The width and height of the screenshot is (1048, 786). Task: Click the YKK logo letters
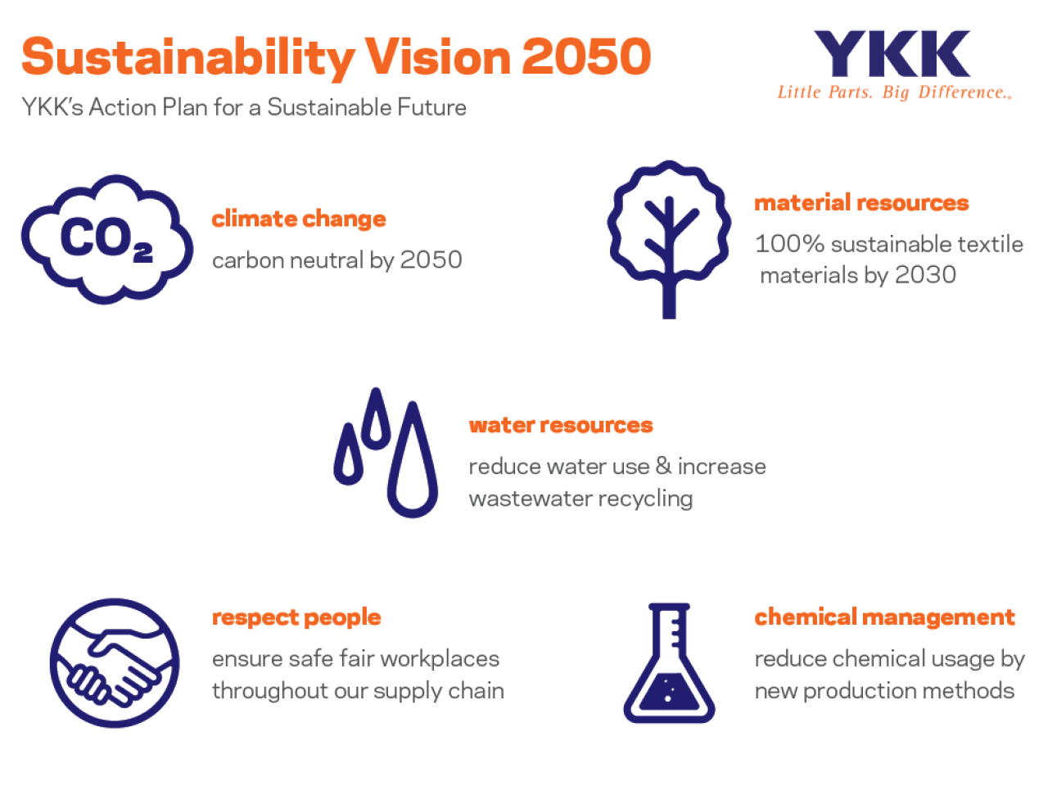coord(892,53)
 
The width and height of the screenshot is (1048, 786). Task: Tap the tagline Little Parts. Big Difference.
coord(895,93)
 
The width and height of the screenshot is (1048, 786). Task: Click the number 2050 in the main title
coord(587,56)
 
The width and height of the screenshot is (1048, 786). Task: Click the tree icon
coord(669,238)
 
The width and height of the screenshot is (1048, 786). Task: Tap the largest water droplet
coord(413,459)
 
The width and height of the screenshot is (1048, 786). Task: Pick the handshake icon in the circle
coord(115,663)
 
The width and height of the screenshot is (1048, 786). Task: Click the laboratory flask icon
coord(669,663)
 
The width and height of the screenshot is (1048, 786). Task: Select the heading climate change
coord(299,219)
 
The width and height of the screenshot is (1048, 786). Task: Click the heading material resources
coord(862,203)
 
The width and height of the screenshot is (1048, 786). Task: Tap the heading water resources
coord(561,425)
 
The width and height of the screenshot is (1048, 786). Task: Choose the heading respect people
coord(296,618)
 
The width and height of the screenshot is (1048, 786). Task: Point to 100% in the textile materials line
coord(790,244)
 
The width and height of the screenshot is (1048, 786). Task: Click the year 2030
coord(925,275)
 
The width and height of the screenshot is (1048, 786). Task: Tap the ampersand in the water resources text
coord(664,466)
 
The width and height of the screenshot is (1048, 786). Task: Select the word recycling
coord(645,499)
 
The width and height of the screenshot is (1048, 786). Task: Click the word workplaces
coord(440,660)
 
